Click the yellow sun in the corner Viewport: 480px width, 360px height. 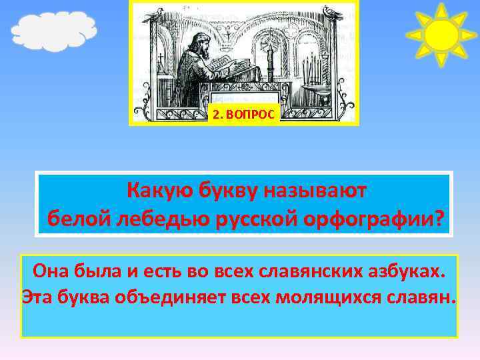[441, 35]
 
